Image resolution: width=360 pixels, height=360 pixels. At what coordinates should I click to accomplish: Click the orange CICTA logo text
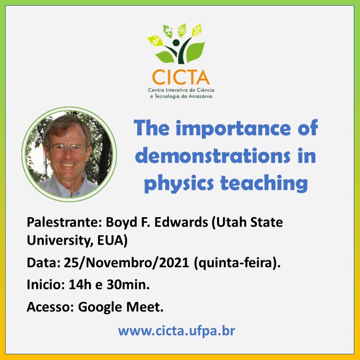coord(180,77)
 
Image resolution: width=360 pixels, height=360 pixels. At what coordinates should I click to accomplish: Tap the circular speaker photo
coord(69,154)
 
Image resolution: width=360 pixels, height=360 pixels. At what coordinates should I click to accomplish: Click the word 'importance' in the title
coord(233,129)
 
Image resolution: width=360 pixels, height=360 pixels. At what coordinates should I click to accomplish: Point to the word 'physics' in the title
coord(179,184)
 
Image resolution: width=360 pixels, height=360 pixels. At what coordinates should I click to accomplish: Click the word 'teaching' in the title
coord(264,183)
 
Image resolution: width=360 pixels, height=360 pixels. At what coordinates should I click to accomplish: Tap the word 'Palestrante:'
coord(64,222)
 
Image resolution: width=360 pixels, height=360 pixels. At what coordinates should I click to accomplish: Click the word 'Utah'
coord(229,222)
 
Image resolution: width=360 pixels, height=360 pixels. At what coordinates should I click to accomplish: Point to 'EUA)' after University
coord(112,240)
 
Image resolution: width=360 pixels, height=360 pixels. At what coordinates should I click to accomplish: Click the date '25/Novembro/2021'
coord(126,262)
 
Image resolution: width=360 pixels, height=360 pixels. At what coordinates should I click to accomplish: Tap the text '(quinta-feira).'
coord(237,263)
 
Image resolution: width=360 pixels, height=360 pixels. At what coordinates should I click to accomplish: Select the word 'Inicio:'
coord(46,284)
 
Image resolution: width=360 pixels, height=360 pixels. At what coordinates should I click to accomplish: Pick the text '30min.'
coord(128,284)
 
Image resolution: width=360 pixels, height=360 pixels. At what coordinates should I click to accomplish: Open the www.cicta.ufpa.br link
coord(176,331)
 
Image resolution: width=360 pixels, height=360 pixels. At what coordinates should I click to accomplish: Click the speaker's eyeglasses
coord(68,149)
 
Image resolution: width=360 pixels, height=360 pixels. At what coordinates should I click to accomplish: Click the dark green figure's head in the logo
coord(176,43)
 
